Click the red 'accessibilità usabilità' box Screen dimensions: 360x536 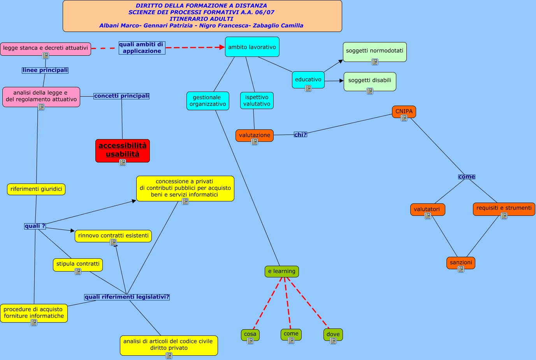click(x=123, y=150)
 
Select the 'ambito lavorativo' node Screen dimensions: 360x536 click(x=252, y=47)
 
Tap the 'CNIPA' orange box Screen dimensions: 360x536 click(x=404, y=111)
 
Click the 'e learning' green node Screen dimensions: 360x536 click(x=281, y=271)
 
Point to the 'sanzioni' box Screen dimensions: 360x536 click(x=460, y=262)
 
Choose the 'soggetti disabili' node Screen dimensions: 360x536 click(x=369, y=80)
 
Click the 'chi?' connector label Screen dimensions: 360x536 click(x=300, y=134)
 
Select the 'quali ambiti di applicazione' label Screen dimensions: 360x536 click(x=142, y=48)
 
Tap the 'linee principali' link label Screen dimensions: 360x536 click(x=45, y=70)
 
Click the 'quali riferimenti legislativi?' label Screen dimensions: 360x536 click(x=127, y=297)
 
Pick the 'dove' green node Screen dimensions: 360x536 click(x=333, y=334)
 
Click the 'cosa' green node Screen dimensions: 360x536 click(x=250, y=334)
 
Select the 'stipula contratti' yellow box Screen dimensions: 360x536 click(x=78, y=264)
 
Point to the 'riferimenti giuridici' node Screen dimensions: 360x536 click(x=36, y=189)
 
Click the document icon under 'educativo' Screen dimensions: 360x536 click(x=308, y=88)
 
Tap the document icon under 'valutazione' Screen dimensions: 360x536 click(x=255, y=142)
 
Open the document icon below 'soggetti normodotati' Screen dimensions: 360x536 click(x=375, y=62)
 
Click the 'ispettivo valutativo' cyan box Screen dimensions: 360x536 click(x=257, y=101)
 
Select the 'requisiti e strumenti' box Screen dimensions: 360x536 click(x=504, y=208)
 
